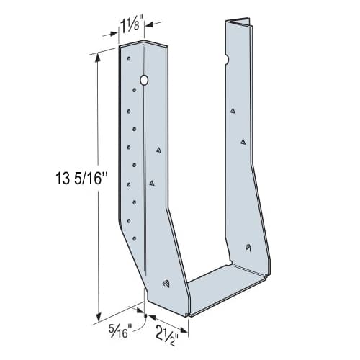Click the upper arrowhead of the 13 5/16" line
(x=96, y=53)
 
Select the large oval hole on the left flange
(x=144, y=80)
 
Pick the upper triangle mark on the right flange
(x=234, y=112)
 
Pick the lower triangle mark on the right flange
(x=243, y=142)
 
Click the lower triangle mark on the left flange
(x=152, y=184)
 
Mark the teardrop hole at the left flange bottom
(x=165, y=283)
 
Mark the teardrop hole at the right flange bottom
(x=248, y=248)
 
